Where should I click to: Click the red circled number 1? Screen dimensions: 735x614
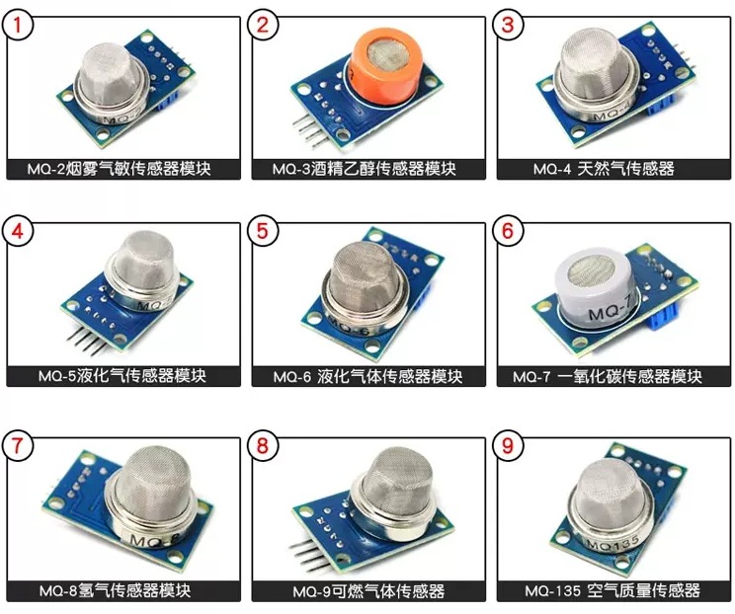(x=18, y=25)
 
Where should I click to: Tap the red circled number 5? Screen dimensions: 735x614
(x=262, y=230)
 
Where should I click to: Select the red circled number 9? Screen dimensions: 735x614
(x=508, y=445)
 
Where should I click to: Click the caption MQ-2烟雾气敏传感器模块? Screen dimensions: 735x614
(x=120, y=169)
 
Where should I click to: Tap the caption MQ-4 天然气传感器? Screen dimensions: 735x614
(x=604, y=169)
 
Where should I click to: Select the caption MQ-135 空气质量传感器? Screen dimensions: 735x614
(x=612, y=590)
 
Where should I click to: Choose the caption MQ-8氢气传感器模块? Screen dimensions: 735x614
(x=116, y=590)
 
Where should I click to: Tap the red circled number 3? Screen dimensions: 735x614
(x=508, y=25)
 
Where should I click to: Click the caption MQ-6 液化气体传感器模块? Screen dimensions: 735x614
(x=367, y=376)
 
